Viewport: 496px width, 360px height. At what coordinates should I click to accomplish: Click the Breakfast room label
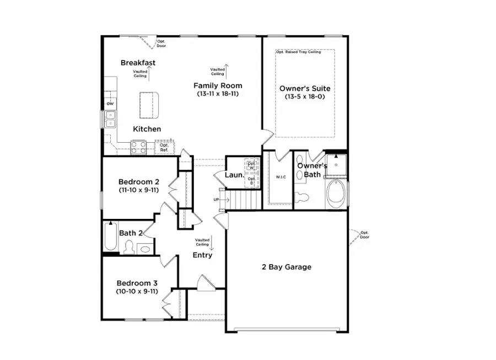click(x=138, y=63)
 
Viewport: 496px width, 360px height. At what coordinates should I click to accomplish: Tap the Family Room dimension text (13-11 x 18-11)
click(x=217, y=94)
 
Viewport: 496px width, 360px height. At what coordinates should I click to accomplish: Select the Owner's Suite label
click(x=305, y=88)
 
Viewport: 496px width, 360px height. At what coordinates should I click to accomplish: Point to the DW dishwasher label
click(x=110, y=104)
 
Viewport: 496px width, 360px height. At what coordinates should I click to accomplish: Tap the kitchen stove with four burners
click(x=138, y=147)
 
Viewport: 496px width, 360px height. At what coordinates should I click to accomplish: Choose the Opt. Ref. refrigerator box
click(x=164, y=147)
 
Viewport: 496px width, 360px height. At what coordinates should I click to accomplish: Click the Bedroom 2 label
click(x=139, y=181)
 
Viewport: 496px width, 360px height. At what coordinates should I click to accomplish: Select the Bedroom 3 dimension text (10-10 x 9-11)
click(x=137, y=291)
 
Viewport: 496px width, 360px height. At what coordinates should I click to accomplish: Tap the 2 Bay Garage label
click(x=286, y=267)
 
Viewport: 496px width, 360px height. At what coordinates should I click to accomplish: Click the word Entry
click(x=202, y=255)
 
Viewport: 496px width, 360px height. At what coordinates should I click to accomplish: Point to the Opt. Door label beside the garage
click(x=365, y=235)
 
